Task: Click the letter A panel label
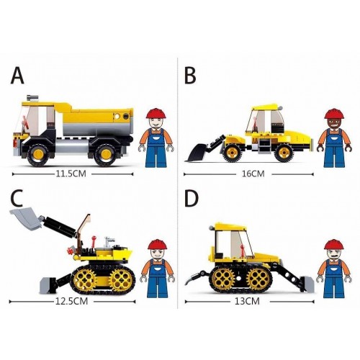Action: click(17, 76)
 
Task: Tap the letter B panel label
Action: click(190, 76)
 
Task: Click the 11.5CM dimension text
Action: click(71, 174)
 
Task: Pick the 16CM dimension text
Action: click(253, 174)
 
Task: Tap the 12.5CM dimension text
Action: click(71, 301)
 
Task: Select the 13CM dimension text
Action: click(247, 301)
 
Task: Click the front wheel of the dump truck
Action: click(38, 155)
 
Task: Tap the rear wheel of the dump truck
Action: click(105, 155)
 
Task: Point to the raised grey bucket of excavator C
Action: click(25, 218)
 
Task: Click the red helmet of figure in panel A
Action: click(156, 113)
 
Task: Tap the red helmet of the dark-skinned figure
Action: click(334, 114)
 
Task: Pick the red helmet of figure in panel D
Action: click(334, 244)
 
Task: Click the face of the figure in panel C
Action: click(157, 254)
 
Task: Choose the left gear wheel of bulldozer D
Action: click(223, 279)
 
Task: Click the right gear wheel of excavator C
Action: click(121, 279)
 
